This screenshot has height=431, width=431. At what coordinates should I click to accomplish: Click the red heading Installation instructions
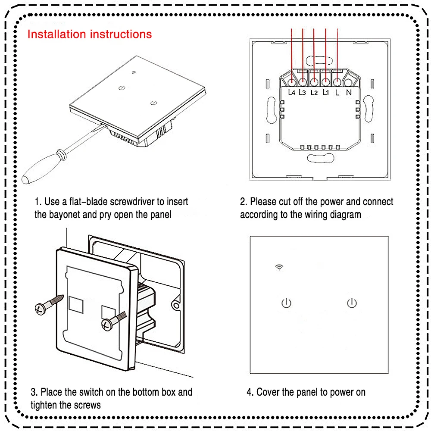(90, 34)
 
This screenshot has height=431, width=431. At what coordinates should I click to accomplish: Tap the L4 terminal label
(291, 92)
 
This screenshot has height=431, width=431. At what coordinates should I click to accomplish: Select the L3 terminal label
(302, 92)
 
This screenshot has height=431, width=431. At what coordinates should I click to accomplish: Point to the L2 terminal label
(314, 92)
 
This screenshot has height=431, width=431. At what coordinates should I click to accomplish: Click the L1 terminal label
(325, 92)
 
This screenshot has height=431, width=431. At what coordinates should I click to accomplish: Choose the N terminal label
(349, 92)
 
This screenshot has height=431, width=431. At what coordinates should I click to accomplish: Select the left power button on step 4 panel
(286, 303)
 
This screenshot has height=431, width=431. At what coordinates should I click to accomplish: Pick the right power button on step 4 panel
(352, 303)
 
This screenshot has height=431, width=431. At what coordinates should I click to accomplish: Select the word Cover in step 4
(268, 392)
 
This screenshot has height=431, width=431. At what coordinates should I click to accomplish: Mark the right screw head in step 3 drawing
(106, 324)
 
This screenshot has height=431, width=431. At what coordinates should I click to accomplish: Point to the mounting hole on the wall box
(176, 304)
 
